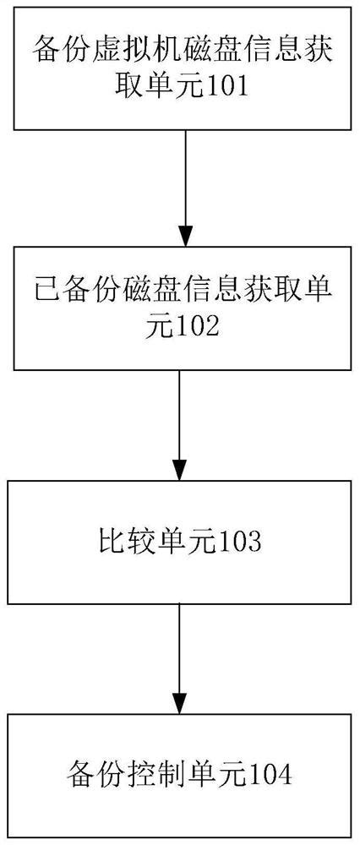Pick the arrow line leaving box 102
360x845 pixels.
(x=179, y=414)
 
